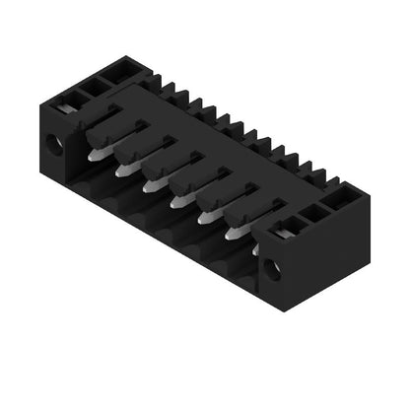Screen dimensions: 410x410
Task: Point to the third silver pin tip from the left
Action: pos(152,184)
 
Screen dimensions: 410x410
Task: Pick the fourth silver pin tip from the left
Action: pos(179,202)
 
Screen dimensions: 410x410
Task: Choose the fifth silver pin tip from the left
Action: pos(207,218)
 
